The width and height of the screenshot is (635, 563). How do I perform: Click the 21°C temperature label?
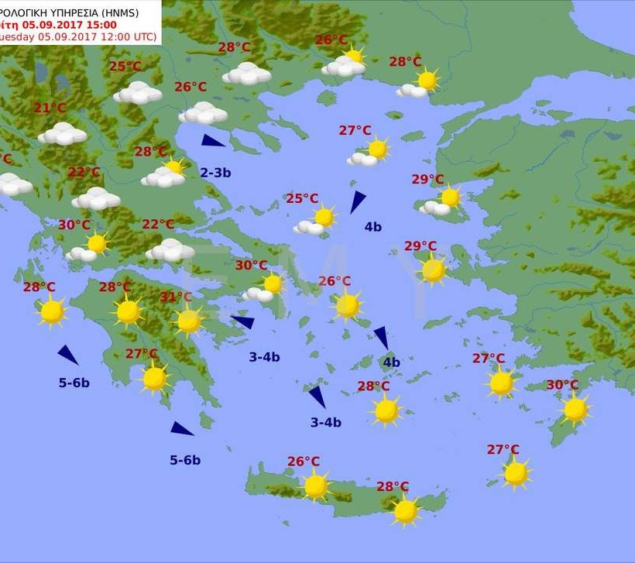[x=50, y=108]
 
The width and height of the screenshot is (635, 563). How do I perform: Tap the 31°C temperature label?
[x=176, y=297]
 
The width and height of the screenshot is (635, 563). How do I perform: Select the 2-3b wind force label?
[x=215, y=173]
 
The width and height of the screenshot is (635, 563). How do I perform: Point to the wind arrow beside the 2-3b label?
[x=212, y=141]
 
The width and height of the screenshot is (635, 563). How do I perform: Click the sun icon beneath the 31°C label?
[x=189, y=321]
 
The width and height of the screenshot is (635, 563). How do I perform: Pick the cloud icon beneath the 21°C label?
[x=63, y=133]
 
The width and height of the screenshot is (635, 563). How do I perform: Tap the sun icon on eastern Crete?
[x=405, y=510]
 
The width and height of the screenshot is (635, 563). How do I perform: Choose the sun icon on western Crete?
[x=315, y=486]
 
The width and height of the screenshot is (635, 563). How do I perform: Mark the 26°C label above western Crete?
[x=304, y=462]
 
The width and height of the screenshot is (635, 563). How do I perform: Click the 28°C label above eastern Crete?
[x=393, y=486]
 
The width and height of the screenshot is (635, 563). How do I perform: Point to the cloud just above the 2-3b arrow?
[x=203, y=113]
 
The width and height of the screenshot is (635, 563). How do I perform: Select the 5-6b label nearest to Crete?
[x=185, y=460]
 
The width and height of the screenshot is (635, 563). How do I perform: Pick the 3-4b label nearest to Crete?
[x=326, y=422]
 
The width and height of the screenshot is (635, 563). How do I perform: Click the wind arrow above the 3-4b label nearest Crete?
[x=317, y=396]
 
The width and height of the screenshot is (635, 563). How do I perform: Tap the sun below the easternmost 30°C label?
[x=575, y=409]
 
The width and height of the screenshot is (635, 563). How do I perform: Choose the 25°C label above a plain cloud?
[x=125, y=67]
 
